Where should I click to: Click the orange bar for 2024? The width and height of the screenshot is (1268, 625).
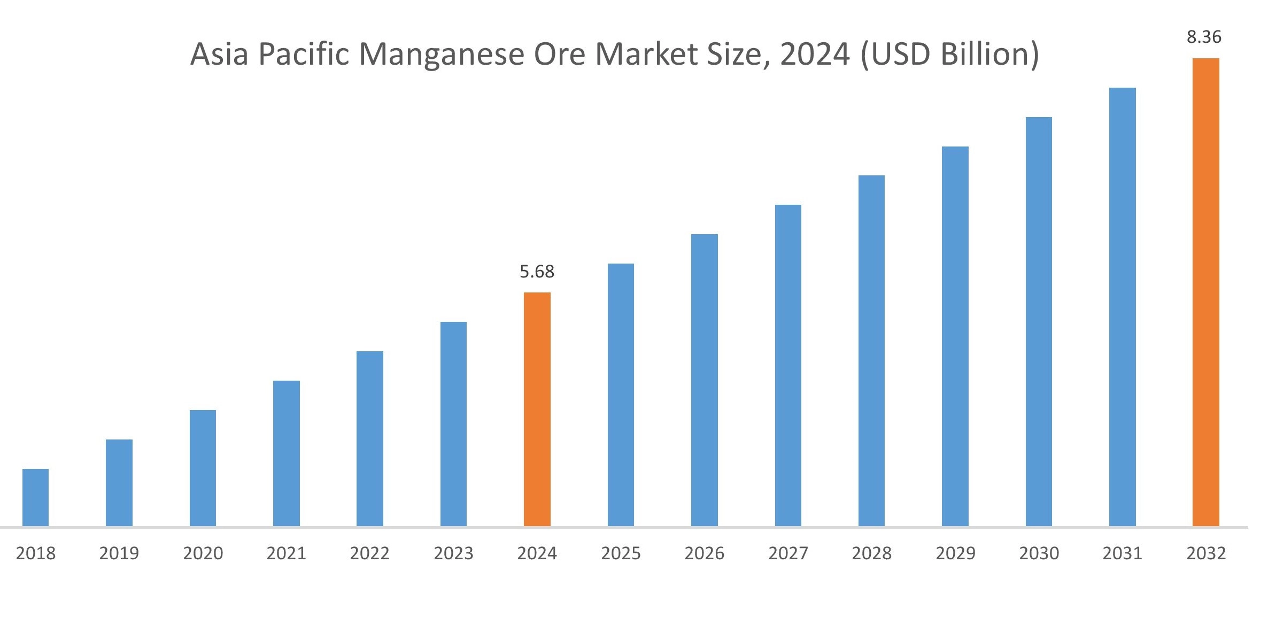537,409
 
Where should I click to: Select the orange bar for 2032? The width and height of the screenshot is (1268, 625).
1205,292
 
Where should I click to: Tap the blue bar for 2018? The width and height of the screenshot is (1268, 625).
35,497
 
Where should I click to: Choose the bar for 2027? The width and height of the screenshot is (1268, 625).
788,365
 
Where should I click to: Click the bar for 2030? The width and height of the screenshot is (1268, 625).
1039,321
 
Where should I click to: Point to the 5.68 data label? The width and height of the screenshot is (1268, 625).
537,272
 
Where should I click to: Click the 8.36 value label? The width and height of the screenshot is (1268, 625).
1204,37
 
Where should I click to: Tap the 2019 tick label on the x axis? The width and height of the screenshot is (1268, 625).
119,553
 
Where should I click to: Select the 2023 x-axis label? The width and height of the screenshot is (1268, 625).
453,553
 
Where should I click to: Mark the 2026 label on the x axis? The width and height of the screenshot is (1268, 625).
704,553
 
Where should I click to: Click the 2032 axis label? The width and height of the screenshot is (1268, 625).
1206,553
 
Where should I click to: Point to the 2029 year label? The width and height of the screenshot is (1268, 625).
955,553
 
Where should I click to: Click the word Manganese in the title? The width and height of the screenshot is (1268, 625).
441,55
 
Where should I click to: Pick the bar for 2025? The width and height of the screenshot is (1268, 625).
621,395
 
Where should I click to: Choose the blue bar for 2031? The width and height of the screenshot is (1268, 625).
1122,307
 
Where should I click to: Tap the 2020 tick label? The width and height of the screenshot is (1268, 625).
203,553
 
